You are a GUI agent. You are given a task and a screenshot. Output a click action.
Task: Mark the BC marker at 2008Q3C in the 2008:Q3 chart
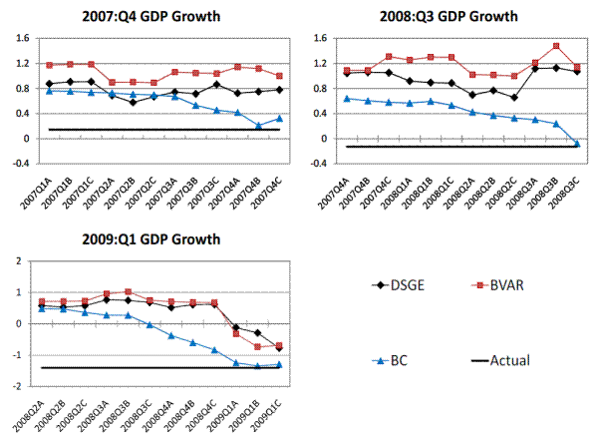[x=577, y=144]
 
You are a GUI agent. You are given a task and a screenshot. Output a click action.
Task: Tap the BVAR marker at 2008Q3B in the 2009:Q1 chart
[x=129, y=291]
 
